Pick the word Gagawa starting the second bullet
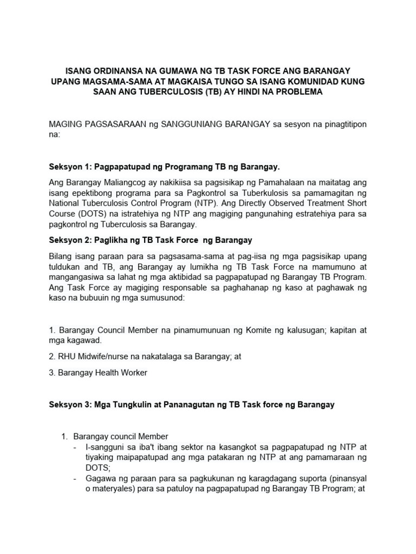click(x=100, y=479)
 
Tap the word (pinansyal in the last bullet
click(x=342, y=479)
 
